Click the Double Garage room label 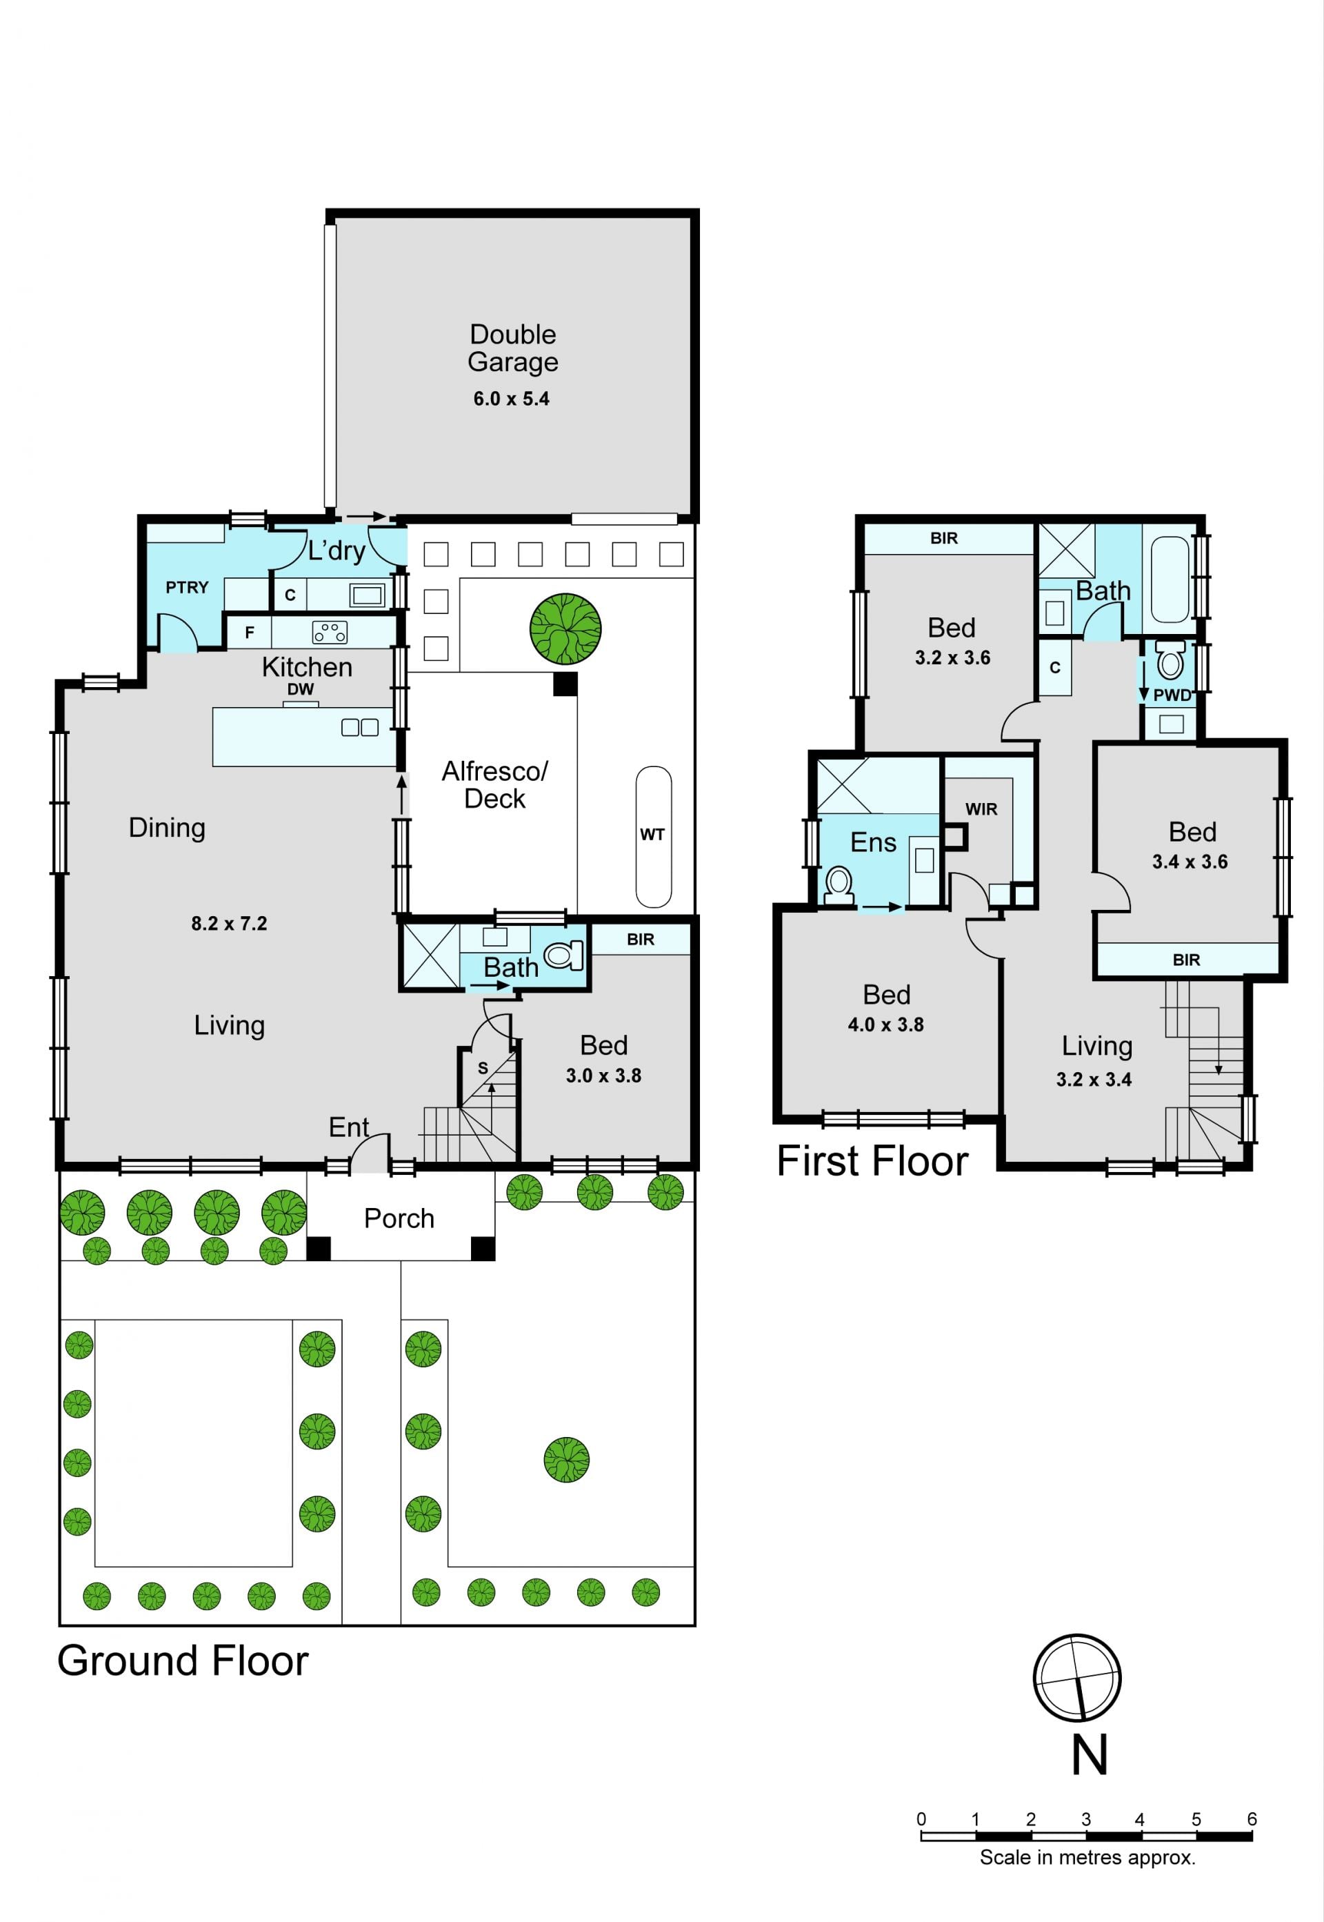click(512, 348)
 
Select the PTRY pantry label click(187, 588)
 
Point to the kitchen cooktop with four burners click(330, 633)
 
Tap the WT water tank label click(652, 835)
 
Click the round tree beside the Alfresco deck click(565, 628)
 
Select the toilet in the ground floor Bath click(564, 955)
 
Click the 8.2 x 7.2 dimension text click(229, 924)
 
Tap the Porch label click(399, 1218)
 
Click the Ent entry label click(348, 1127)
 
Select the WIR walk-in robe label click(981, 809)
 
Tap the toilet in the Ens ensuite click(839, 884)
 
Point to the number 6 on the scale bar click(1252, 1819)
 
